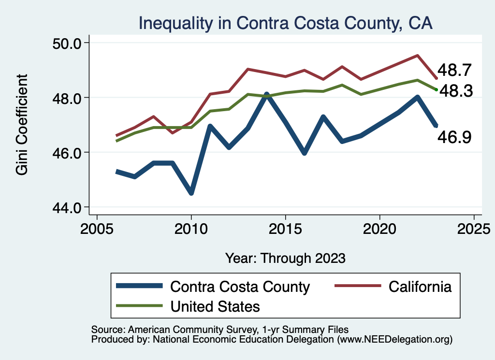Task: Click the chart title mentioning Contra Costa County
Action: (x=285, y=23)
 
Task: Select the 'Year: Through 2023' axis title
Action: (x=285, y=258)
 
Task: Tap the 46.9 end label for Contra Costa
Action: (x=453, y=138)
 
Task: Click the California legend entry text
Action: (x=420, y=287)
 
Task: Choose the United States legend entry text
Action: (x=215, y=306)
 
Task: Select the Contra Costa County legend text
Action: (x=239, y=287)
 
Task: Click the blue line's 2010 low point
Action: (x=191, y=193)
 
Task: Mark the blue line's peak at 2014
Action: (x=266, y=94)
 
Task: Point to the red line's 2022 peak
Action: (x=417, y=56)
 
